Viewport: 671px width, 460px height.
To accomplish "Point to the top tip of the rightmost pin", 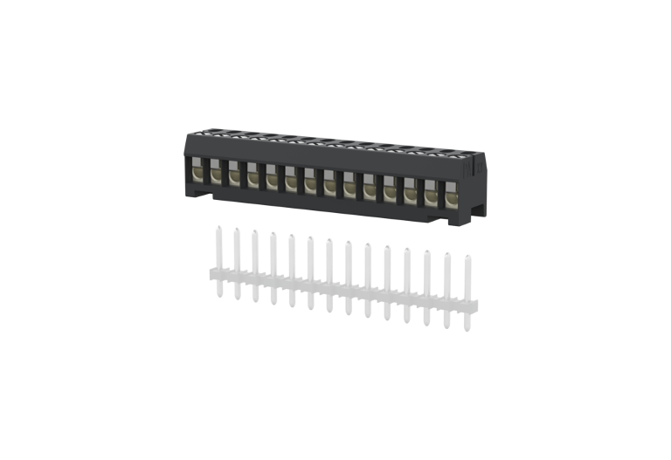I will click(467, 257).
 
